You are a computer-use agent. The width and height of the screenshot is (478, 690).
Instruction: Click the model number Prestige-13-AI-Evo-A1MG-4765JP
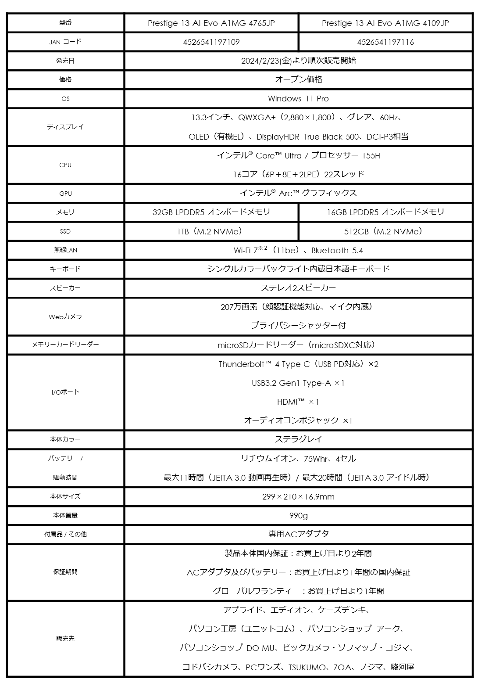(211, 23)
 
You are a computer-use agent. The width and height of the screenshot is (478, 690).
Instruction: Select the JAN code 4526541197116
(385, 42)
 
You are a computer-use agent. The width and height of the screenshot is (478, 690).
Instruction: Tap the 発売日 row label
(65, 61)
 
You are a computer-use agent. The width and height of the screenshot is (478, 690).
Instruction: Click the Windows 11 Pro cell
(298, 99)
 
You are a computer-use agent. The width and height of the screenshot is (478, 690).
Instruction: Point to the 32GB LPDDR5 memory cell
(211, 212)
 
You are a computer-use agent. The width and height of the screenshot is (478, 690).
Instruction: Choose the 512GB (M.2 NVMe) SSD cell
(385, 231)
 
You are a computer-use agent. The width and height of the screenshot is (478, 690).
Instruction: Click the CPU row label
(65, 165)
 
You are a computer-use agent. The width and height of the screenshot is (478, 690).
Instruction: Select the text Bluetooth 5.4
(337, 251)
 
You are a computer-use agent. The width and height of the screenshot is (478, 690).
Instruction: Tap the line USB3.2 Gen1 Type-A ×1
(298, 383)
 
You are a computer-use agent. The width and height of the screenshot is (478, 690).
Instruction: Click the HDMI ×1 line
(298, 402)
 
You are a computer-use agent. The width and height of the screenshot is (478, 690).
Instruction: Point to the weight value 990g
(298, 515)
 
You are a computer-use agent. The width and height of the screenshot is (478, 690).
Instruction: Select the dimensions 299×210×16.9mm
(298, 497)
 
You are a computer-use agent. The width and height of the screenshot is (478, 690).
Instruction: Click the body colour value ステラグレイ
(298, 439)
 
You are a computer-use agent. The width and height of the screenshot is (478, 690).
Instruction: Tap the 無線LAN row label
(65, 250)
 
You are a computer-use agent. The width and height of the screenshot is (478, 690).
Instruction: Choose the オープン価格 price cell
(298, 79)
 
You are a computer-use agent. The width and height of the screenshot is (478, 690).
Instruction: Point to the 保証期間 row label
(65, 572)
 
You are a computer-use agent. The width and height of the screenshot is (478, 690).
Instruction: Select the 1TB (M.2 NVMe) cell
(211, 231)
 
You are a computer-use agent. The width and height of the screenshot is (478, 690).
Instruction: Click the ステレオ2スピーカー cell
(298, 288)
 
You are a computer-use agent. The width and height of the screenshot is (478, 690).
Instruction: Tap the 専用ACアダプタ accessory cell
(298, 534)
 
